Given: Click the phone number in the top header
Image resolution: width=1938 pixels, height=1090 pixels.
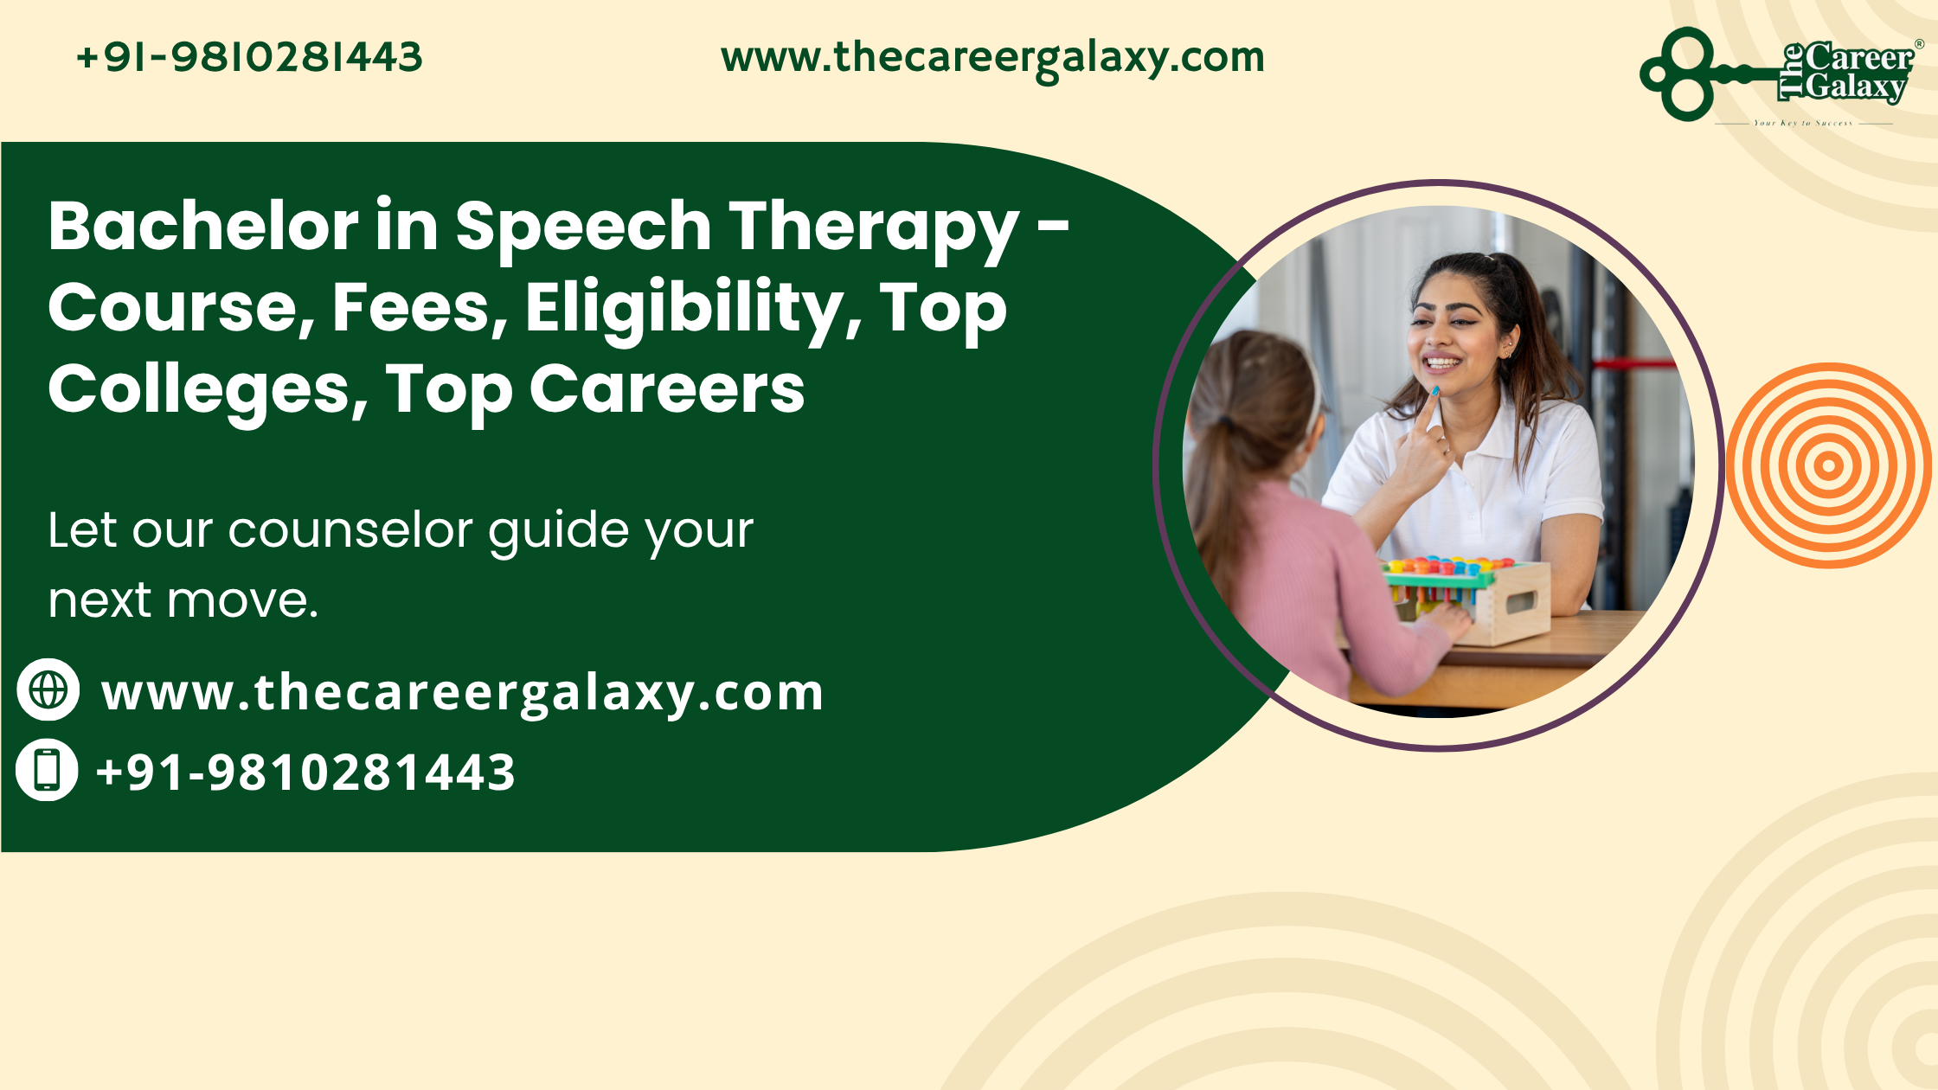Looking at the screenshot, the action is (x=249, y=58).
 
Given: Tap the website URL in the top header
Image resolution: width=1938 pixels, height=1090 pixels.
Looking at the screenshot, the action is (x=992, y=59).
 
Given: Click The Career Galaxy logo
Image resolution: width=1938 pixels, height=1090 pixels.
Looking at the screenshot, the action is (x=1781, y=76).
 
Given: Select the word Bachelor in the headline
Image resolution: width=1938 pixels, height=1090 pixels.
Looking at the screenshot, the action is (x=203, y=226).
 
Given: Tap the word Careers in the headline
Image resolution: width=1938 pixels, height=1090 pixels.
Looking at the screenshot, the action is (x=667, y=389).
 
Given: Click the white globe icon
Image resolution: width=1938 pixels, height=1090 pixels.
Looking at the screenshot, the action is (x=48, y=689).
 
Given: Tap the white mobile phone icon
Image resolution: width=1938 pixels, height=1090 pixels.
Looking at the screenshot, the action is (x=48, y=770).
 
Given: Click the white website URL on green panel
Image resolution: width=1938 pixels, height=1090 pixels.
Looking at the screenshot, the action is (x=463, y=694).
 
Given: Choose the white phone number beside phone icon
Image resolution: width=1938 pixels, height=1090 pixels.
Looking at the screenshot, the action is (x=306, y=773).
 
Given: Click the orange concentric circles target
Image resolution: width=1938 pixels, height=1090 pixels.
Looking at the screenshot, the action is (x=1828, y=465).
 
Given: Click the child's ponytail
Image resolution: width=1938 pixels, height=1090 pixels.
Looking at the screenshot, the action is (x=1224, y=484).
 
